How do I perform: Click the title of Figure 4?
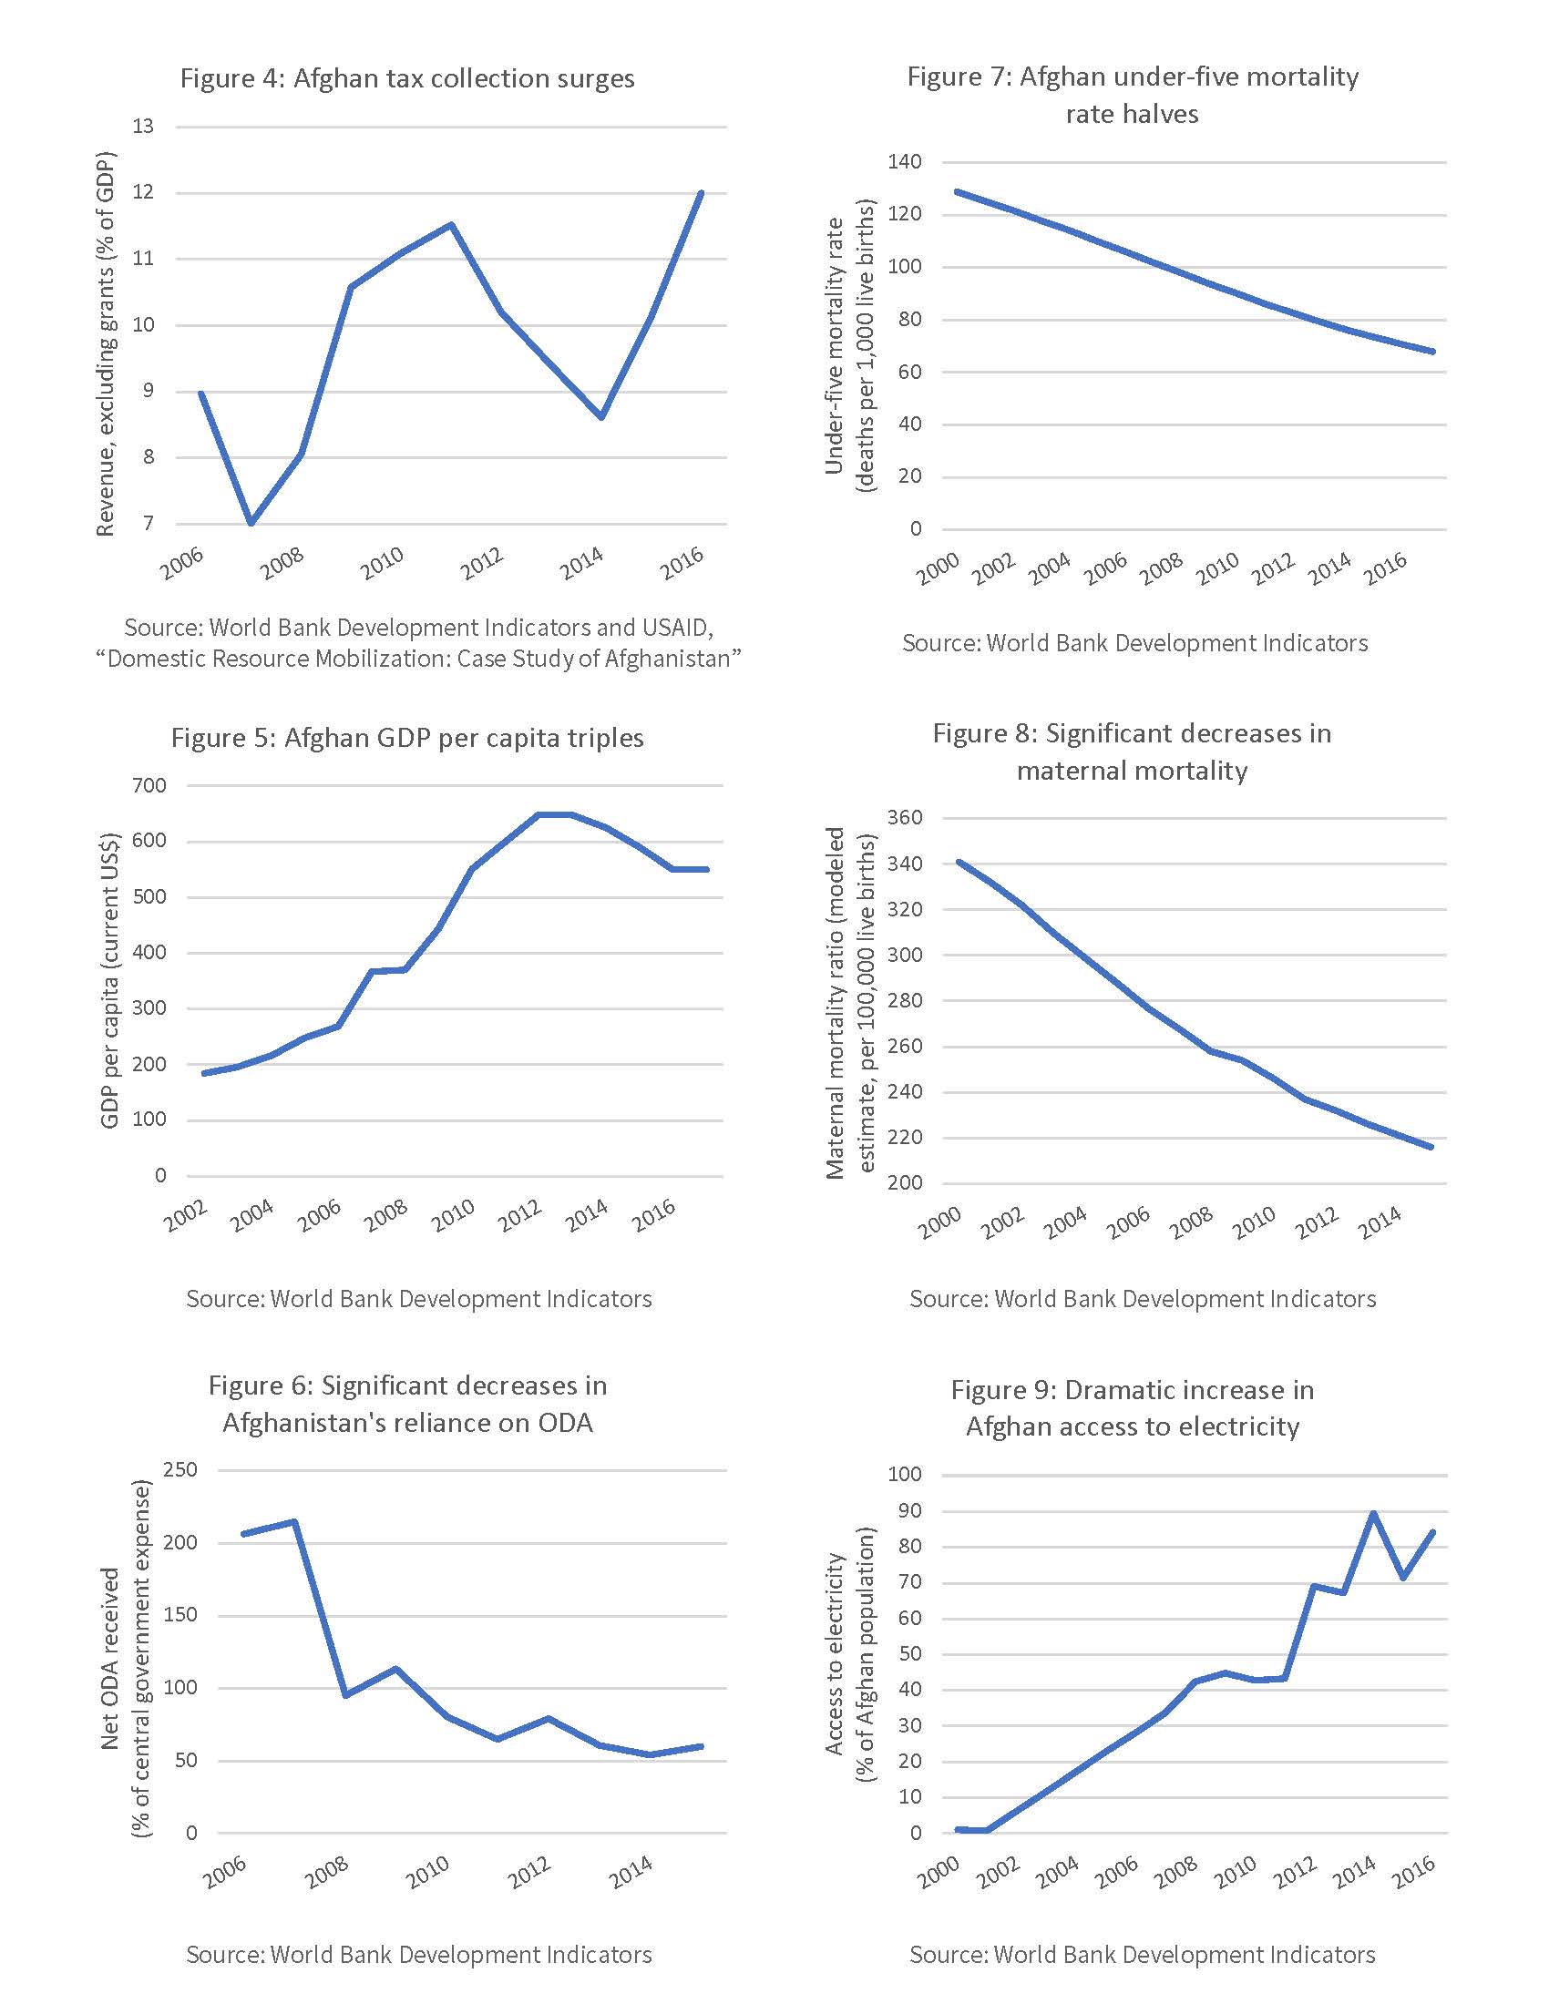[x=406, y=79]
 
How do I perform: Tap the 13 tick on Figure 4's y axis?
[x=143, y=127]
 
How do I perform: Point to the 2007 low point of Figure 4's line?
[x=251, y=523]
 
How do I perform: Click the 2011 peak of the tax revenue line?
[x=451, y=224]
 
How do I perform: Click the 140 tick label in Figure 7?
[x=904, y=162]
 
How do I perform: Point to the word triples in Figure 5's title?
[x=603, y=738]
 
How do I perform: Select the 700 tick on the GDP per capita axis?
[x=149, y=785]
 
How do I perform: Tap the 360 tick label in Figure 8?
[x=904, y=818]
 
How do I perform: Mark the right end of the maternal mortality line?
[x=1431, y=1147]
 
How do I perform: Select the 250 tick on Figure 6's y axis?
[x=180, y=1470]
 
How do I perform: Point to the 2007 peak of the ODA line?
[x=294, y=1521]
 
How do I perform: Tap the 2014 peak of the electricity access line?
[x=1373, y=1513]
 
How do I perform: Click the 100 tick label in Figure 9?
[x=904, y=1475]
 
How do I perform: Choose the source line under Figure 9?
[x=1143, y=1955]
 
